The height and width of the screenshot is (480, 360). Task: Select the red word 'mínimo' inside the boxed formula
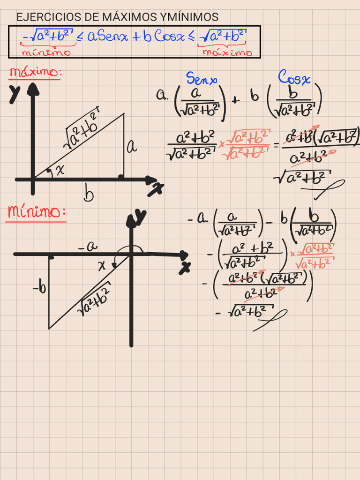46,52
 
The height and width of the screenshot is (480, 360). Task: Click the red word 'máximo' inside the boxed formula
227,52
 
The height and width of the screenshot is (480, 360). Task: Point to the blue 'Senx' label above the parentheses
202,78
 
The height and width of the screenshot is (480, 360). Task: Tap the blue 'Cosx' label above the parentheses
294,77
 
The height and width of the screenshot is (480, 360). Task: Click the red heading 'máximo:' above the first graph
36,72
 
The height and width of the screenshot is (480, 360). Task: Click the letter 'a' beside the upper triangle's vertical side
132,147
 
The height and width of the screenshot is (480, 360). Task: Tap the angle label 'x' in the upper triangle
60,169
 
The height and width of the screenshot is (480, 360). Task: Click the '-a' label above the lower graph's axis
88,246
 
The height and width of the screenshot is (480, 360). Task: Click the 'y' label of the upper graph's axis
15,94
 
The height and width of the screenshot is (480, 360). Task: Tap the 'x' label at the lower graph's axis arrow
185,268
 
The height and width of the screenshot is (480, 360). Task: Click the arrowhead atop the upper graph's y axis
33,89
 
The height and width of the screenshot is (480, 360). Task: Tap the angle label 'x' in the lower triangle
102,265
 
